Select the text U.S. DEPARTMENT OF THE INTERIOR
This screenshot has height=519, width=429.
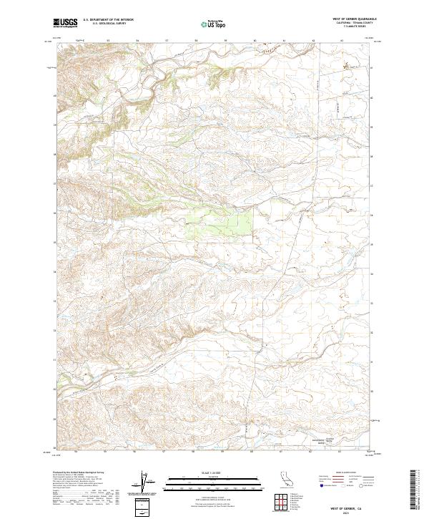point(108,21)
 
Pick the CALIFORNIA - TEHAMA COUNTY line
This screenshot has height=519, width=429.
point(355,23)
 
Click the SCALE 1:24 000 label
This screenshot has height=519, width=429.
point(214,472)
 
